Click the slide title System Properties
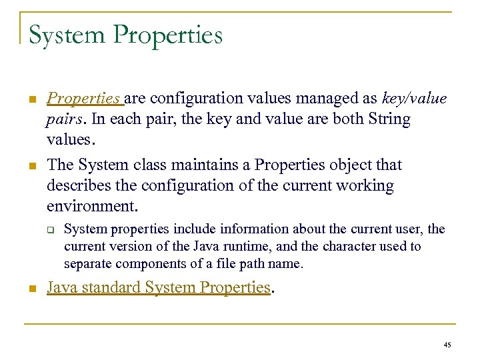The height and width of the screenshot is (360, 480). (125, 35)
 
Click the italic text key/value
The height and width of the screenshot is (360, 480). (415, 99)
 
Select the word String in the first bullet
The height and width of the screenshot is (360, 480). (389, 119)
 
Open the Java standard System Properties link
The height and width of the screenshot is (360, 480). (159, 288)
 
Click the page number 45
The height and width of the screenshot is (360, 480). (447, 345)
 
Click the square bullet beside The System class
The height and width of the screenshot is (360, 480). (31, 166)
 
